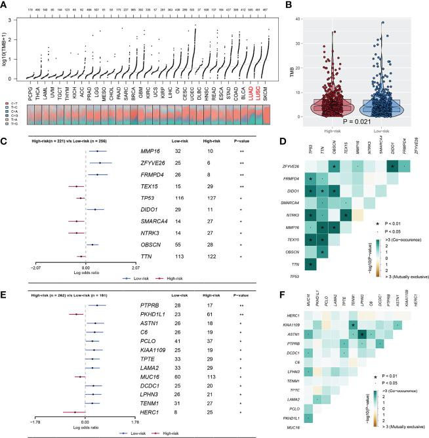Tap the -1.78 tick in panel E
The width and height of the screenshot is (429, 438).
[x=40, y=422]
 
